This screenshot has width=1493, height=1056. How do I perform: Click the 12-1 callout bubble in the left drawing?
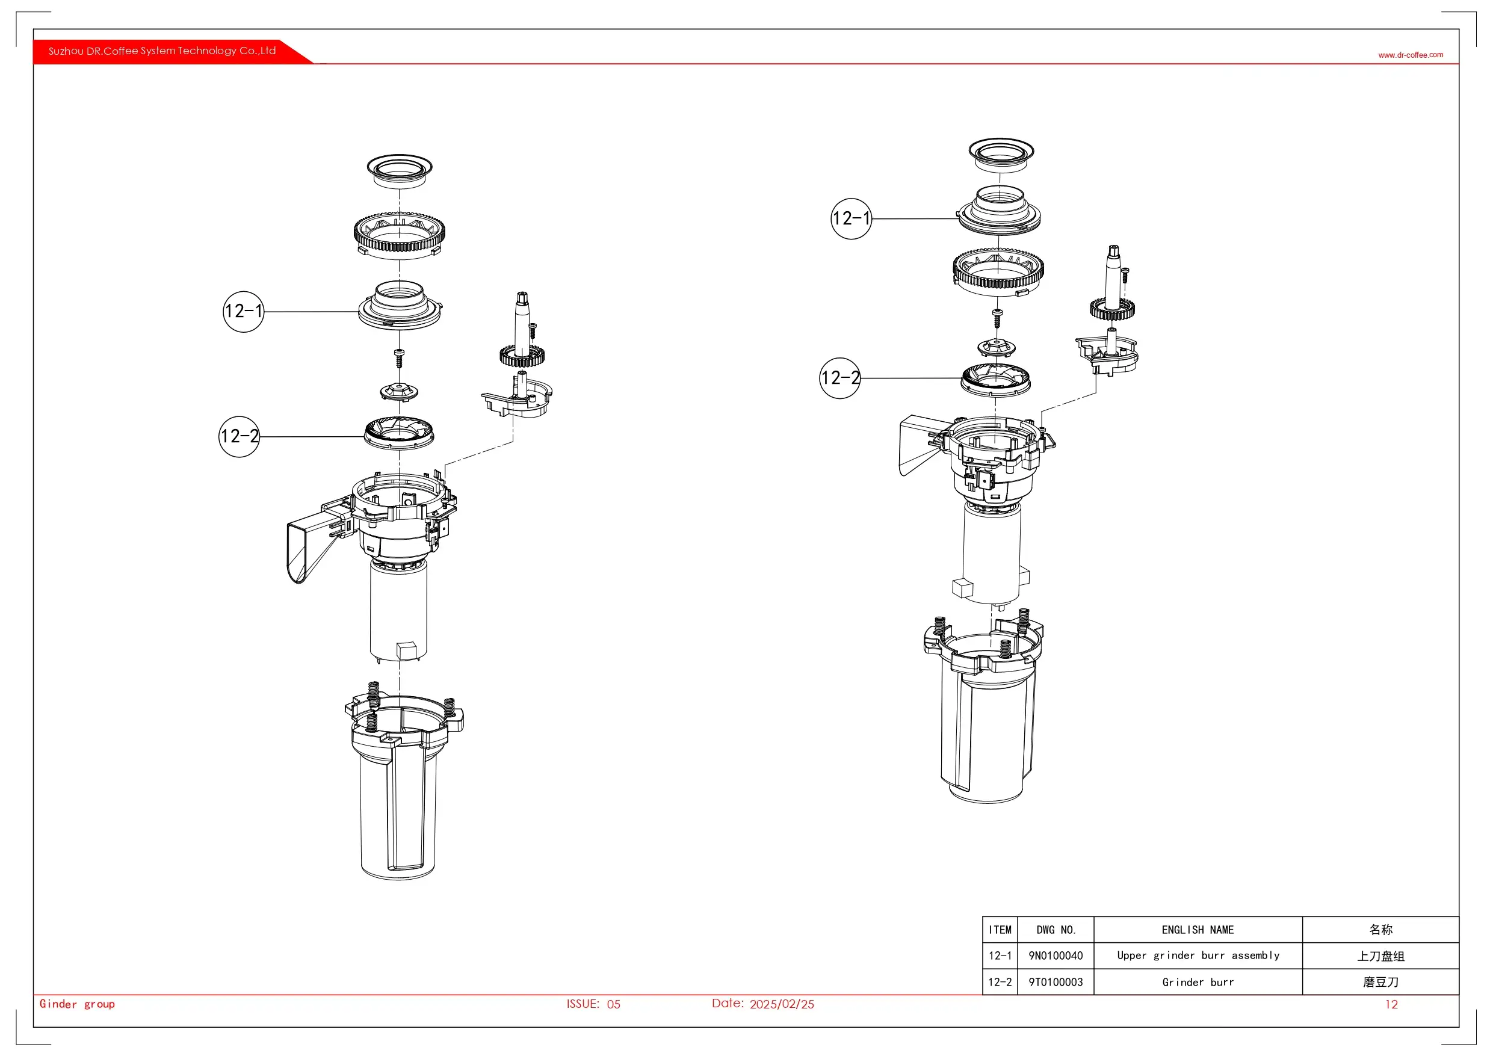(x=243, y=312)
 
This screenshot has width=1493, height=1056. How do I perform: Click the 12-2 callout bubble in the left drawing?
(x=240, y=436)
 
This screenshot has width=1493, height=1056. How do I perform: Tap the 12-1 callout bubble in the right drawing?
(x=851, y=218)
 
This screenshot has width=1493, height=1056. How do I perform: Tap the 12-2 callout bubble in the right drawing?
(x=839, y=378)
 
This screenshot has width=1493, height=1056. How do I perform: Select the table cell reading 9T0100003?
(x=1056, y=982)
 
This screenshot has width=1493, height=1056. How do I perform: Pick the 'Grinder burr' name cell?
(x=1198, y=982)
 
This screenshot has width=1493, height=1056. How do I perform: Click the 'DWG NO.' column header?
(x=1056, y=930)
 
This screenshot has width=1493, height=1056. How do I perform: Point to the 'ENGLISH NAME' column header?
(x=1198, y=930)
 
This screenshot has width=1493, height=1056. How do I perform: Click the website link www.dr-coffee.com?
(x=1410, y=55)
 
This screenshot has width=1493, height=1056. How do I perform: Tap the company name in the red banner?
(x=162, y=51)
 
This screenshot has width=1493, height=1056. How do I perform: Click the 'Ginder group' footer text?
(x=77, y=1004)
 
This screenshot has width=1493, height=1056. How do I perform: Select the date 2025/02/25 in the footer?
(x=782, y=1004)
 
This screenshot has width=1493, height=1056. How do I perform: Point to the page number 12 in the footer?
(x=1391, y=1004)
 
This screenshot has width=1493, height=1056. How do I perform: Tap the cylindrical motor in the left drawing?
(x=398, y=611)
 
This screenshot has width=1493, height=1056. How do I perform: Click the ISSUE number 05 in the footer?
(x=613, y=1004)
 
